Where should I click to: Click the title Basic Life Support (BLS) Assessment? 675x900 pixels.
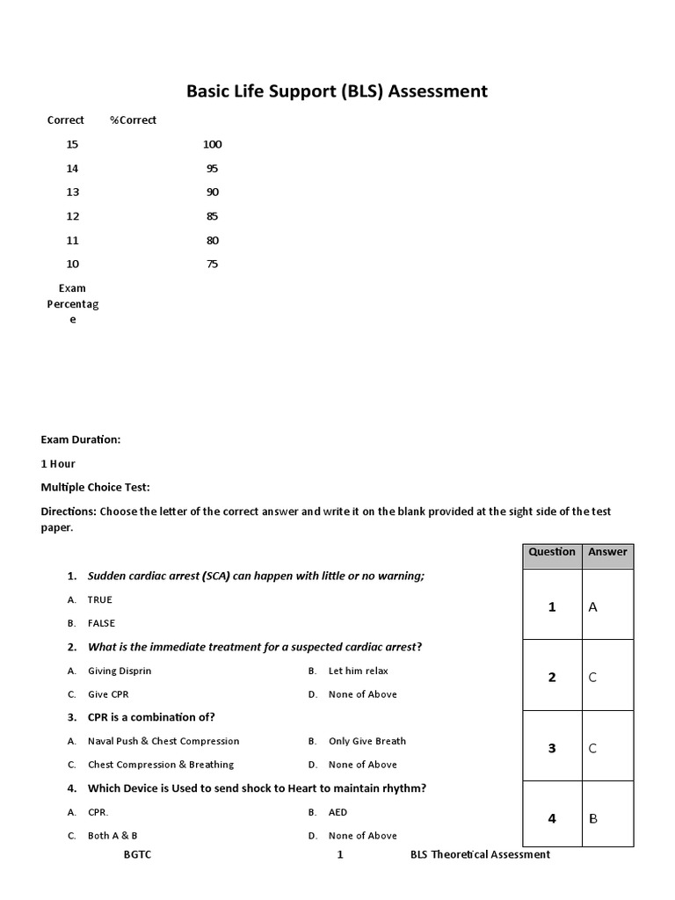click(337, 91)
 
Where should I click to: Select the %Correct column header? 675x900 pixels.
click(133, 120)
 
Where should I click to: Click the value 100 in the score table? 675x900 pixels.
click(212, 144)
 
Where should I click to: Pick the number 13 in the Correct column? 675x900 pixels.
click(72, 192)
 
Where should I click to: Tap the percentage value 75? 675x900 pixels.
click(212, 265)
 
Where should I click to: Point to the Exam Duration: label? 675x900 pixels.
click(81, 439)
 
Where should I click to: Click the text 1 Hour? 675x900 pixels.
click(58, 463)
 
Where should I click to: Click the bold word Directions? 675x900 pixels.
click(69, 511)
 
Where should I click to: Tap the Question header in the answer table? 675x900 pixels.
click(552, 552)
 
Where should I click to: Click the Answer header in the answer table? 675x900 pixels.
click(607, 552)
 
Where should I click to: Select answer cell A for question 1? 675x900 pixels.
click(593, 606)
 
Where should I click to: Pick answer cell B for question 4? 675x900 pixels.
click(593, 818)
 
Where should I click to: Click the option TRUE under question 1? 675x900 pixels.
click(100, 599)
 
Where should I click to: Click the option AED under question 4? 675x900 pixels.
click(337, 812)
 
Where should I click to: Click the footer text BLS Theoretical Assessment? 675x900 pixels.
click(480, 854)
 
